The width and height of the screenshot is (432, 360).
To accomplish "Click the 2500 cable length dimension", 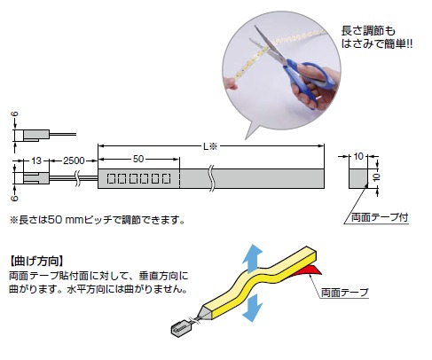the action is (x=74, y=160).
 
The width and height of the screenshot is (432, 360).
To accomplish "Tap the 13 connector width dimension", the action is (x=36, y=160).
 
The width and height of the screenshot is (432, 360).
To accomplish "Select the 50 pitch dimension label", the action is (x=138, y=159).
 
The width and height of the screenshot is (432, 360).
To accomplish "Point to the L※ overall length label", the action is (x=210, y=146).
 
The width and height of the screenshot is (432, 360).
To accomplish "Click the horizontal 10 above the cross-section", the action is (x=358, y=156).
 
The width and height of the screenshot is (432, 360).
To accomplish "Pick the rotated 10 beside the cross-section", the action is (x=376, y=177).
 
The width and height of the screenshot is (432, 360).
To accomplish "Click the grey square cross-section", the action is (x=358, y=179).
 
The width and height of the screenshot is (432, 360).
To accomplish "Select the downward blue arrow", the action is (x=252, y=308).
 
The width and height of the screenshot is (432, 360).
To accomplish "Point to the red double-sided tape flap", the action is (x=306, y=270).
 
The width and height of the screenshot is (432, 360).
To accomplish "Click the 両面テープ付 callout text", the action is (x=380, y=217).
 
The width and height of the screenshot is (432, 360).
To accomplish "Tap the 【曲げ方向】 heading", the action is (x=36, y=262).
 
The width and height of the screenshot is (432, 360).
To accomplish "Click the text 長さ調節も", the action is (x=368, y=31).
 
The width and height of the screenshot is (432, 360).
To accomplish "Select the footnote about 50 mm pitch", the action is (x=98, y=220).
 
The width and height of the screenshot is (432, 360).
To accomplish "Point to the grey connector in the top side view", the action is (x=36, y=135).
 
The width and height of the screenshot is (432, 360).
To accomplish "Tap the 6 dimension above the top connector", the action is (x=15, y=114).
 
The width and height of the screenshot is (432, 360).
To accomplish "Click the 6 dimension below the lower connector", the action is (x=15, y=198).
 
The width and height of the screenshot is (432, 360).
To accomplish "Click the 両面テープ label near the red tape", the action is (x=345, y=293).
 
